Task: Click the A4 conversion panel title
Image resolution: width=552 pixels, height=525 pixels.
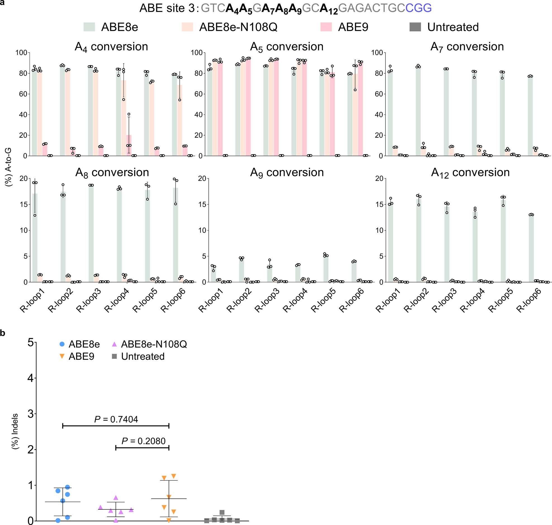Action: [x=111, y=47]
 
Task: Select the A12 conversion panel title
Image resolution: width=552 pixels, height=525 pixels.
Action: [x=470, y=173]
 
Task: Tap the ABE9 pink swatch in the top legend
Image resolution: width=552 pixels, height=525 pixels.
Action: [x=326, y=27]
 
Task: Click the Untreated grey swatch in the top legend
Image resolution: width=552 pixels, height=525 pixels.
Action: [x=415, y=27]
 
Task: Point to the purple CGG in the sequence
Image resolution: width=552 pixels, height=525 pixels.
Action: [x=418, y=8]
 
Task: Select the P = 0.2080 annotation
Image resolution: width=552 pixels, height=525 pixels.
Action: [x=143, y=441]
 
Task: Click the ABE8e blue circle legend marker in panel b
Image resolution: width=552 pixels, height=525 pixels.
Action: [x=62, y=344]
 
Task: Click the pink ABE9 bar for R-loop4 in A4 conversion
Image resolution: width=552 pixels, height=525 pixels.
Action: [x=129, y=145]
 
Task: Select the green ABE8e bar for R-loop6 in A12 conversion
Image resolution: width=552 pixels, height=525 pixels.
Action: [x=531, y=249]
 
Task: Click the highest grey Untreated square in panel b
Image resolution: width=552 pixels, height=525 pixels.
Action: [x=222, y=512]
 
